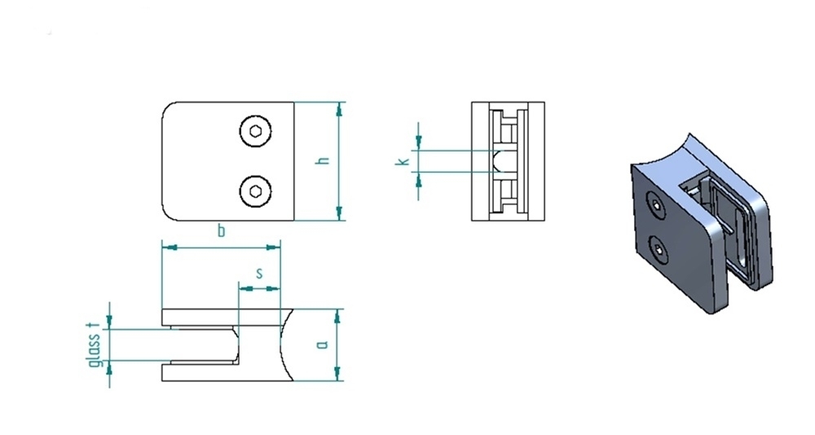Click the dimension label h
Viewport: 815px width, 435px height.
323,161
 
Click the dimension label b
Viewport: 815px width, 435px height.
221,231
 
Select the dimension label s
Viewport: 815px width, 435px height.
259,273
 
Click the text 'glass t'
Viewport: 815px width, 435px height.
94,344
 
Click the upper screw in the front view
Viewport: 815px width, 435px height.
255,131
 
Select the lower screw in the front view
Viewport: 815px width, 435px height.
255,191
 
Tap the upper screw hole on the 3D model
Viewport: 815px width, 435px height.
657,206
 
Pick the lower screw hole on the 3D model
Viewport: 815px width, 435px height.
659,251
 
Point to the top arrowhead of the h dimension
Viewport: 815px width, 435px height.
339,108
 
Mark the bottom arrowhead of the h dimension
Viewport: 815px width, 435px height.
339,213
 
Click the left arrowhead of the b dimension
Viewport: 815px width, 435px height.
170,248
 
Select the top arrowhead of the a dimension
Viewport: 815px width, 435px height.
337,316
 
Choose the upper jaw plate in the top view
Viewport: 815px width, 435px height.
227,318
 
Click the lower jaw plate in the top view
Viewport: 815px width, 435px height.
227,372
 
